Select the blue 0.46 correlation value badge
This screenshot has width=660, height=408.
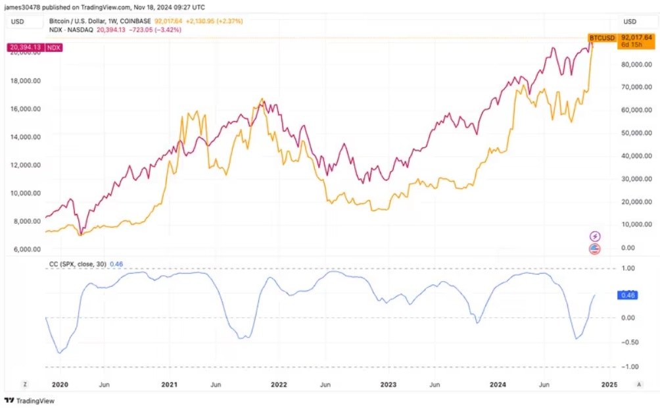pos(628,295)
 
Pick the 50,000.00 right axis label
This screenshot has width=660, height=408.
pos(638,133)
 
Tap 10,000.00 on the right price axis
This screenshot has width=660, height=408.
pos(638,224)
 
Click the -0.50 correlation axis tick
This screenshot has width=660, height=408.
pos(631,342)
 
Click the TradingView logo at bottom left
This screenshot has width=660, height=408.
pos(30,400)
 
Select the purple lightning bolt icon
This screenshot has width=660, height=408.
pos(594,236)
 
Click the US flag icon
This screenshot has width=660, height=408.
pos(594,249)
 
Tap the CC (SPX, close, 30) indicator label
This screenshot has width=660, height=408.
pos(78,264)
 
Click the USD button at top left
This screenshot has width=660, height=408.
pos(18,22)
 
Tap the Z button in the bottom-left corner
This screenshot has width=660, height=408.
pos(24,384)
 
